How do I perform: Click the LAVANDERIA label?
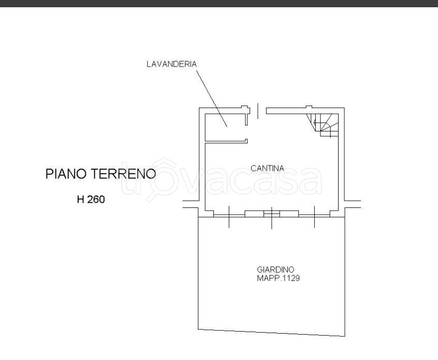[171, 64]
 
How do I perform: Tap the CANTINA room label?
[267, 168]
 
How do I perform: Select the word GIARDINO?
[275, 269]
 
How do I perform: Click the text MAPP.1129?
[278, 278]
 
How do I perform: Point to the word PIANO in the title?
[66, 174]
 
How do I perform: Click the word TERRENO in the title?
[123, 174]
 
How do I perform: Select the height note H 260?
[91, 200]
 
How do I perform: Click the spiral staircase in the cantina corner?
[323, 125]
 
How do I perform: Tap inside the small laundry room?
[225, 127]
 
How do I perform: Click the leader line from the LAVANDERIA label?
[212, 98]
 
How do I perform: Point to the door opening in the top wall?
[257, 111]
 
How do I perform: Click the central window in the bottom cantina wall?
[272, 214]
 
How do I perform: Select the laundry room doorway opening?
[246, 132]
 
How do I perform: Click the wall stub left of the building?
[191, 204]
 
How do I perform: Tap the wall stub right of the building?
[353, 204]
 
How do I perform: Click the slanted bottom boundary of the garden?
[271, 333]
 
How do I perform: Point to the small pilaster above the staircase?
[309, 107]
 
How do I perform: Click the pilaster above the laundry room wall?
[244, 107]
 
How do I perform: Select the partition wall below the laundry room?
[226, 142]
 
